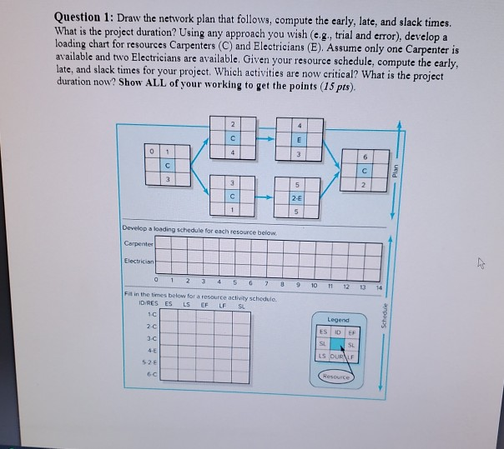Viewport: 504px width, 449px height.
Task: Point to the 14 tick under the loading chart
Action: pos(378,288)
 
